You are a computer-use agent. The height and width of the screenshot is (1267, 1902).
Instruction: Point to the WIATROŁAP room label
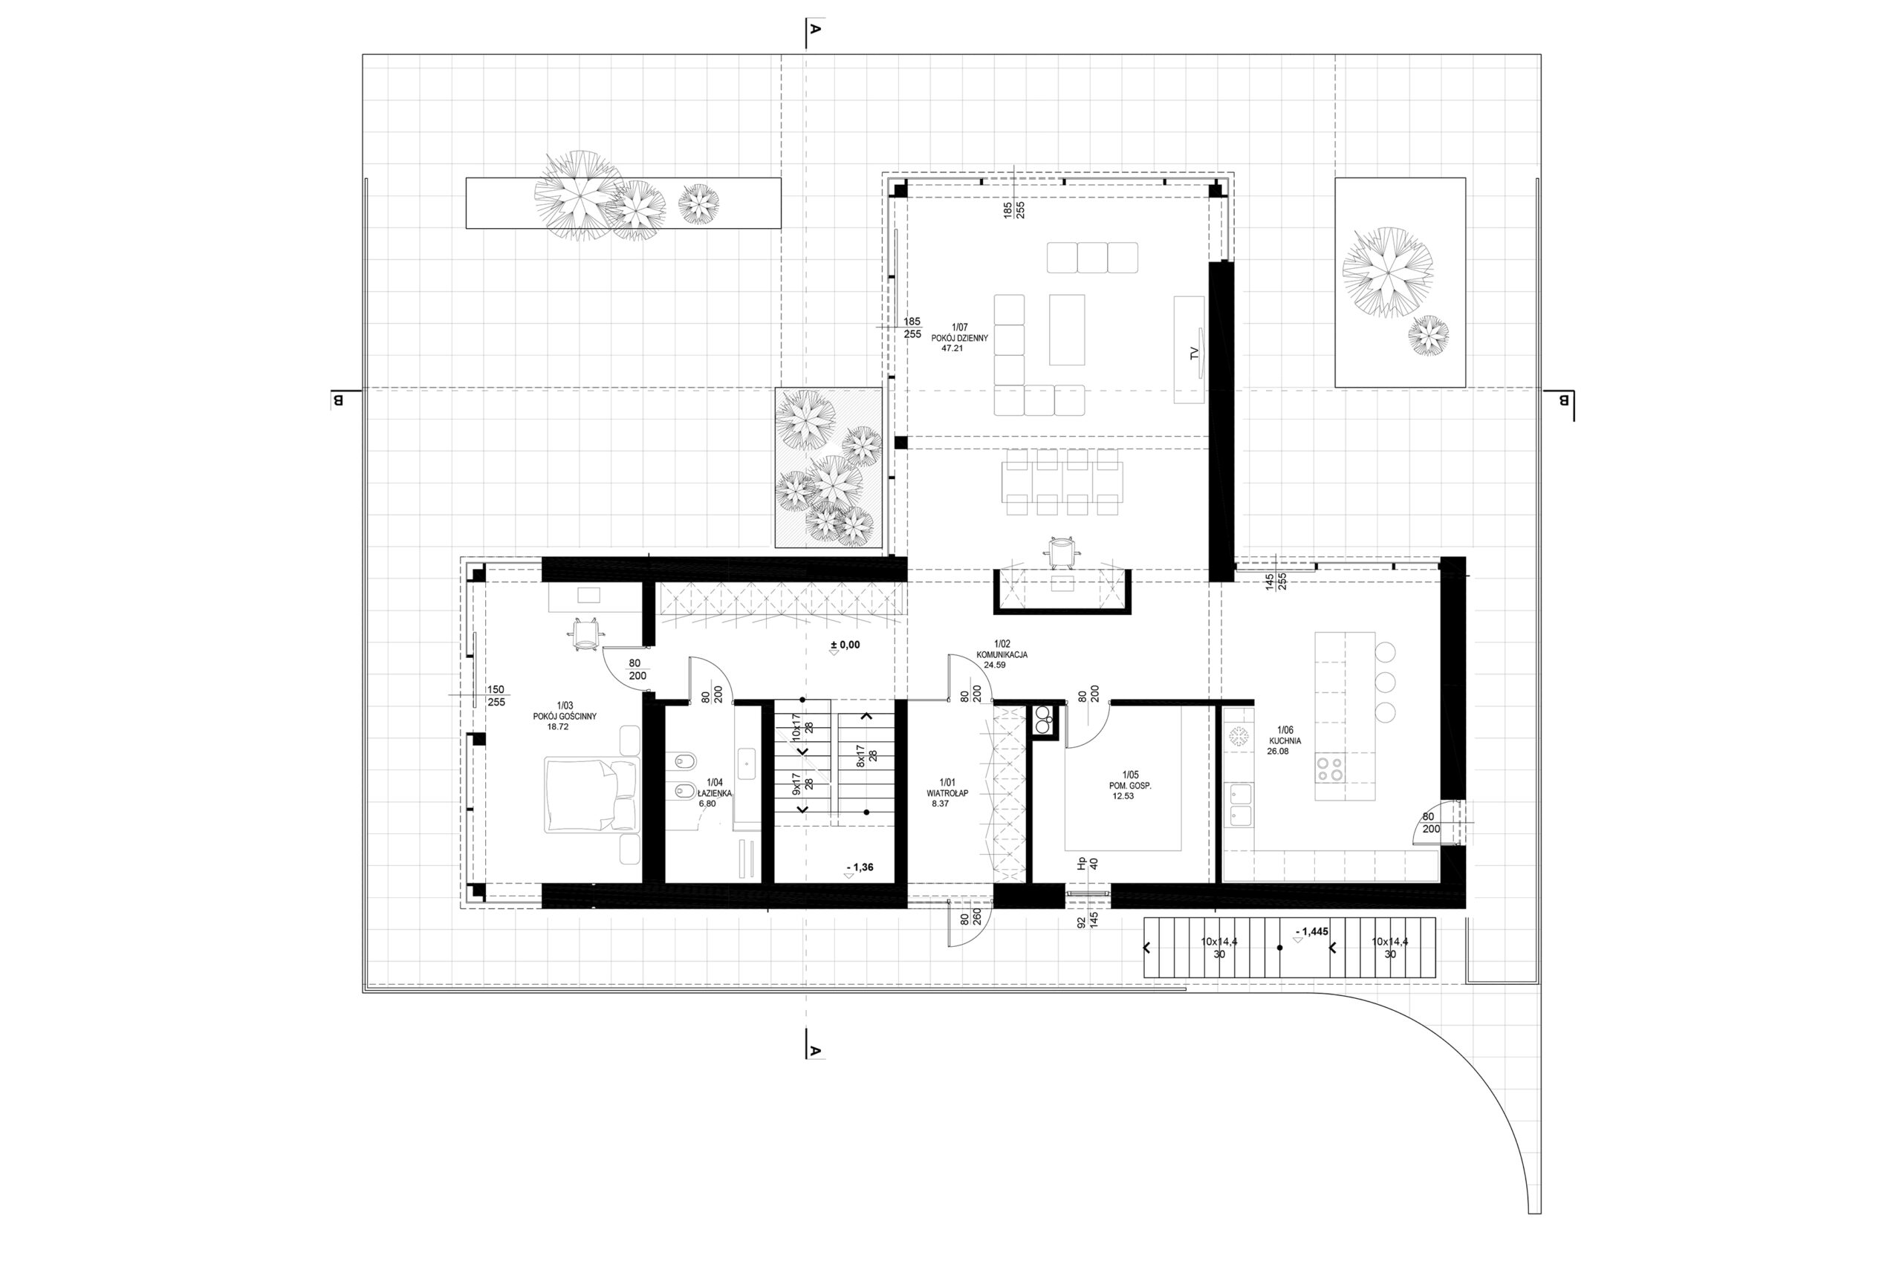(x=947, y=792)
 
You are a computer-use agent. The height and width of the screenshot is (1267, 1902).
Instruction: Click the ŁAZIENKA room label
(x=714, y=793)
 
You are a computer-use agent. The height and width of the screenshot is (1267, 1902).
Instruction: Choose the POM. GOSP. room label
(x=1129, y=784)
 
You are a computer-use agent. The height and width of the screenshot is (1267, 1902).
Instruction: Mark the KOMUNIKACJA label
(x=1002, y=655)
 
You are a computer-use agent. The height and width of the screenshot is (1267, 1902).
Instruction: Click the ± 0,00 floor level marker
(x=845, y=645)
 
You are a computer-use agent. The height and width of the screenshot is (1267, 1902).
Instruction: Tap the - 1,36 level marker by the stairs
(x=860, y=867)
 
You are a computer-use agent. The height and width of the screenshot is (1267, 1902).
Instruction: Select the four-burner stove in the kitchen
(x=1331, y=768)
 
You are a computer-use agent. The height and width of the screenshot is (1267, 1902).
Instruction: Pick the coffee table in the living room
(x=1067, y=330)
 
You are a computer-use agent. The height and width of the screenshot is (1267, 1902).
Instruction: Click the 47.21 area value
(x=952, y=349)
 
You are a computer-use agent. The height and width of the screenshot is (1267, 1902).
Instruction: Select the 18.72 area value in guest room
(x=558, y=726)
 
